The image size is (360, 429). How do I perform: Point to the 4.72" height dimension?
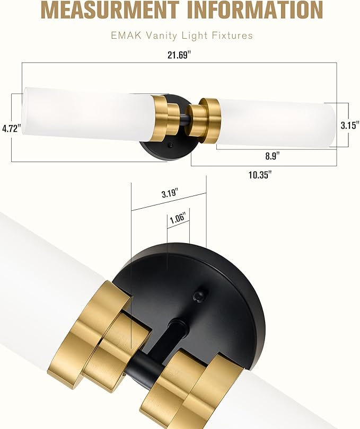[x=11, y=128]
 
